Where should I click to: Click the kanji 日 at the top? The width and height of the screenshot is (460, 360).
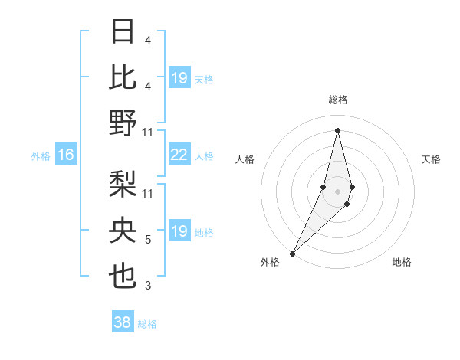pos(123,32)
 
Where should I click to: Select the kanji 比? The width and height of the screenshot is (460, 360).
pos(123,77)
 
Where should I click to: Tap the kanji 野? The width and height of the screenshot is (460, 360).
pos(123,123)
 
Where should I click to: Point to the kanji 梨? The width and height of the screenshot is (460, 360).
pos(123,185)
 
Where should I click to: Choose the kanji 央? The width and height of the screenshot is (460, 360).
pos(123,231)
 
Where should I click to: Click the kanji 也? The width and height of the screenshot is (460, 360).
pos(123,277)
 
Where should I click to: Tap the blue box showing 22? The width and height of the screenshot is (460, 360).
pos(179,155)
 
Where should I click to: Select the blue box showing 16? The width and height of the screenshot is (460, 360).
pos(66,155)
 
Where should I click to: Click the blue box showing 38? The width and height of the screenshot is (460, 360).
pos(123,322)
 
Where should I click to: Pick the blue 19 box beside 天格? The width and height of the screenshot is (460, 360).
pos(179,77)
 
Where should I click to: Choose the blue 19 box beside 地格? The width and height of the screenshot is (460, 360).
pos(179,231)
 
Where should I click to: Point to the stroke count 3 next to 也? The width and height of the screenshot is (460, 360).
pos(148,286)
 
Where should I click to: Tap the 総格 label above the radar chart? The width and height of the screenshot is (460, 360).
pos(338,100)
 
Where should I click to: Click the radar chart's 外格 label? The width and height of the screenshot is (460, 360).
pos(270,262)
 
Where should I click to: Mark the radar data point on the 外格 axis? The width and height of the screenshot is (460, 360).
pos(293,252)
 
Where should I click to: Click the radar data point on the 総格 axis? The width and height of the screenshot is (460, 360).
pos(338,129)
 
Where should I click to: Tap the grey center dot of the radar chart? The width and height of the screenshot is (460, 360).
pos(338,191)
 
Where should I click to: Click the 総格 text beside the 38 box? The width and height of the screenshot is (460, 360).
pos(148,324)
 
